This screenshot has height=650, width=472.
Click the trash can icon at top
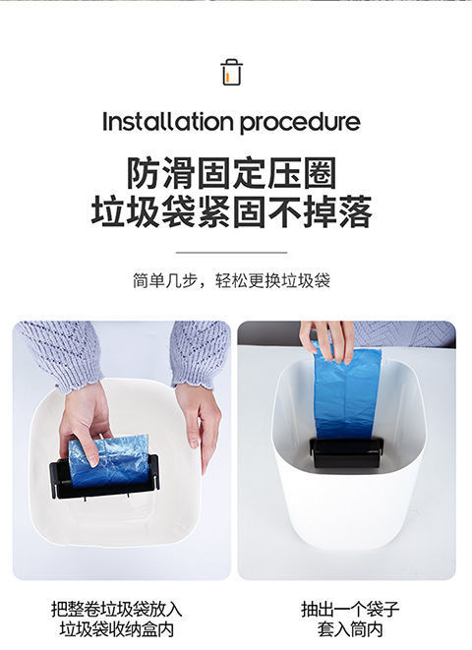(231, 72)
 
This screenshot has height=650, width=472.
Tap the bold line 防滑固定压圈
(231, 173)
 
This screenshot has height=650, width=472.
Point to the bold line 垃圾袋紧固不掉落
(231, 212)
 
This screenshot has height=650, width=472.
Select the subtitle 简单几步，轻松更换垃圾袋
(231, 280)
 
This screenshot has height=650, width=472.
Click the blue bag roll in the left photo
(110, 460)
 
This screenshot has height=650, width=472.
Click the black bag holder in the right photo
(346, 452)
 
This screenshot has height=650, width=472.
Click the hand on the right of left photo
(200, 418)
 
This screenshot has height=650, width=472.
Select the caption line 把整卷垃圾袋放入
(116, 609)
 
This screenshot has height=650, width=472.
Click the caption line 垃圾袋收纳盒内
(116, 629)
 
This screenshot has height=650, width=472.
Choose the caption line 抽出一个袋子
(350, 609)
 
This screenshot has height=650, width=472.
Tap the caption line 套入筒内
(350, 629)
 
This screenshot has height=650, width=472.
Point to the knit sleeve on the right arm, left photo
(200, 352)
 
